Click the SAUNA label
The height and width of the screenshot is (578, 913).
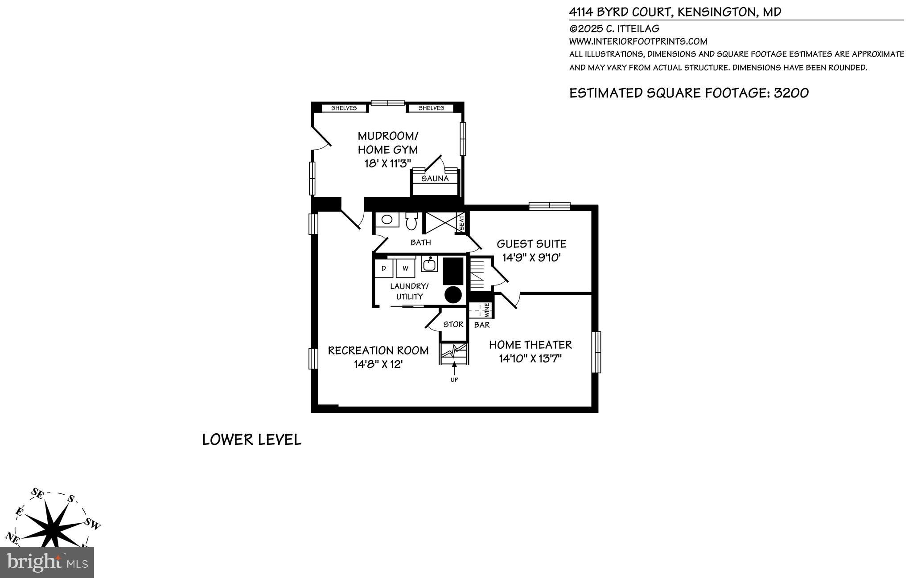[435, 179]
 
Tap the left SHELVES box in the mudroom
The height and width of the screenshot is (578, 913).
[344, 108]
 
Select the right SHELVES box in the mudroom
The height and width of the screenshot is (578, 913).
[431, 108]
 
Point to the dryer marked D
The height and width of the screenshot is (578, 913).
[383, 269]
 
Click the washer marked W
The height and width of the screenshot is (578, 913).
[405, 269]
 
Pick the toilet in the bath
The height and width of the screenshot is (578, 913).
[411, 221]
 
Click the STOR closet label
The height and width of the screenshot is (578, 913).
[453, 325]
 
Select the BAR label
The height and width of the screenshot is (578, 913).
[482, 325]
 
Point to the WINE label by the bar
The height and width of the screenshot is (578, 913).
[487, 309]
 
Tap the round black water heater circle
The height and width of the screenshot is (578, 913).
[453, 295]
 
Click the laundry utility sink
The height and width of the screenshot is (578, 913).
[429, 264]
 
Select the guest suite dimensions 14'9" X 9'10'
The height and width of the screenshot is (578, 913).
[531, 257]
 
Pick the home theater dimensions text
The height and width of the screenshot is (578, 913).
[530, 358]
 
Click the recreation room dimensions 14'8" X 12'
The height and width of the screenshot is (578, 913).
[378, 364]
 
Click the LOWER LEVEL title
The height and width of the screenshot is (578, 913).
[251, 440]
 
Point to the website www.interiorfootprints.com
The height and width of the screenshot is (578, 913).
[638, 41]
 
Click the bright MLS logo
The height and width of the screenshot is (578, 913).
[47, 562]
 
